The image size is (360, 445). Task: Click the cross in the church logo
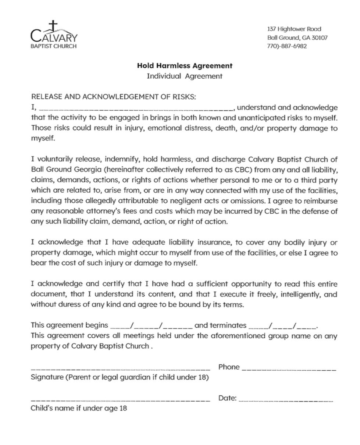(54, 26)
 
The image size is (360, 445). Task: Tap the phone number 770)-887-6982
(287, 46)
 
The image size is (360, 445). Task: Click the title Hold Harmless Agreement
(185, 66)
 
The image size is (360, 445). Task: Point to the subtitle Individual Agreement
(185, 76)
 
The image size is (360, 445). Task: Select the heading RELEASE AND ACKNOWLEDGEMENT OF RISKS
(114, 97)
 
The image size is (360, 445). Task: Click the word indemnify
(122, 160)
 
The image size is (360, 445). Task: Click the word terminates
(220, 325)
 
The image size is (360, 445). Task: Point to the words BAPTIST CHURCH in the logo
(54, 46)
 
